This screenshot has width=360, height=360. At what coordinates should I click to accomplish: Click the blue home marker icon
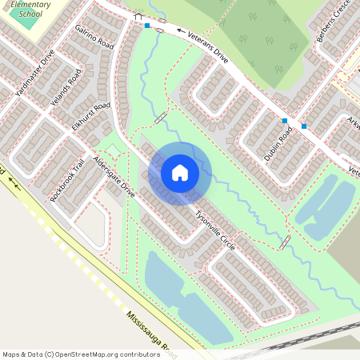[x=180, y=173]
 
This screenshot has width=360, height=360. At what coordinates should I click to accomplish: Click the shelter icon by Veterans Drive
[x=138, y=16]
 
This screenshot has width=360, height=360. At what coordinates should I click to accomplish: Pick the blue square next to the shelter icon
[x=148, y=26]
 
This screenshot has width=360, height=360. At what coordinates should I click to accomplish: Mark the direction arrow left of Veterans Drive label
[x=181, y=33]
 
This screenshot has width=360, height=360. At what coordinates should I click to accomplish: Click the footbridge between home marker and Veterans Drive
[x=161, y=117]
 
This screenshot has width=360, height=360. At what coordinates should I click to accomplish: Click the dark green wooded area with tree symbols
[x=257, y=32]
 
